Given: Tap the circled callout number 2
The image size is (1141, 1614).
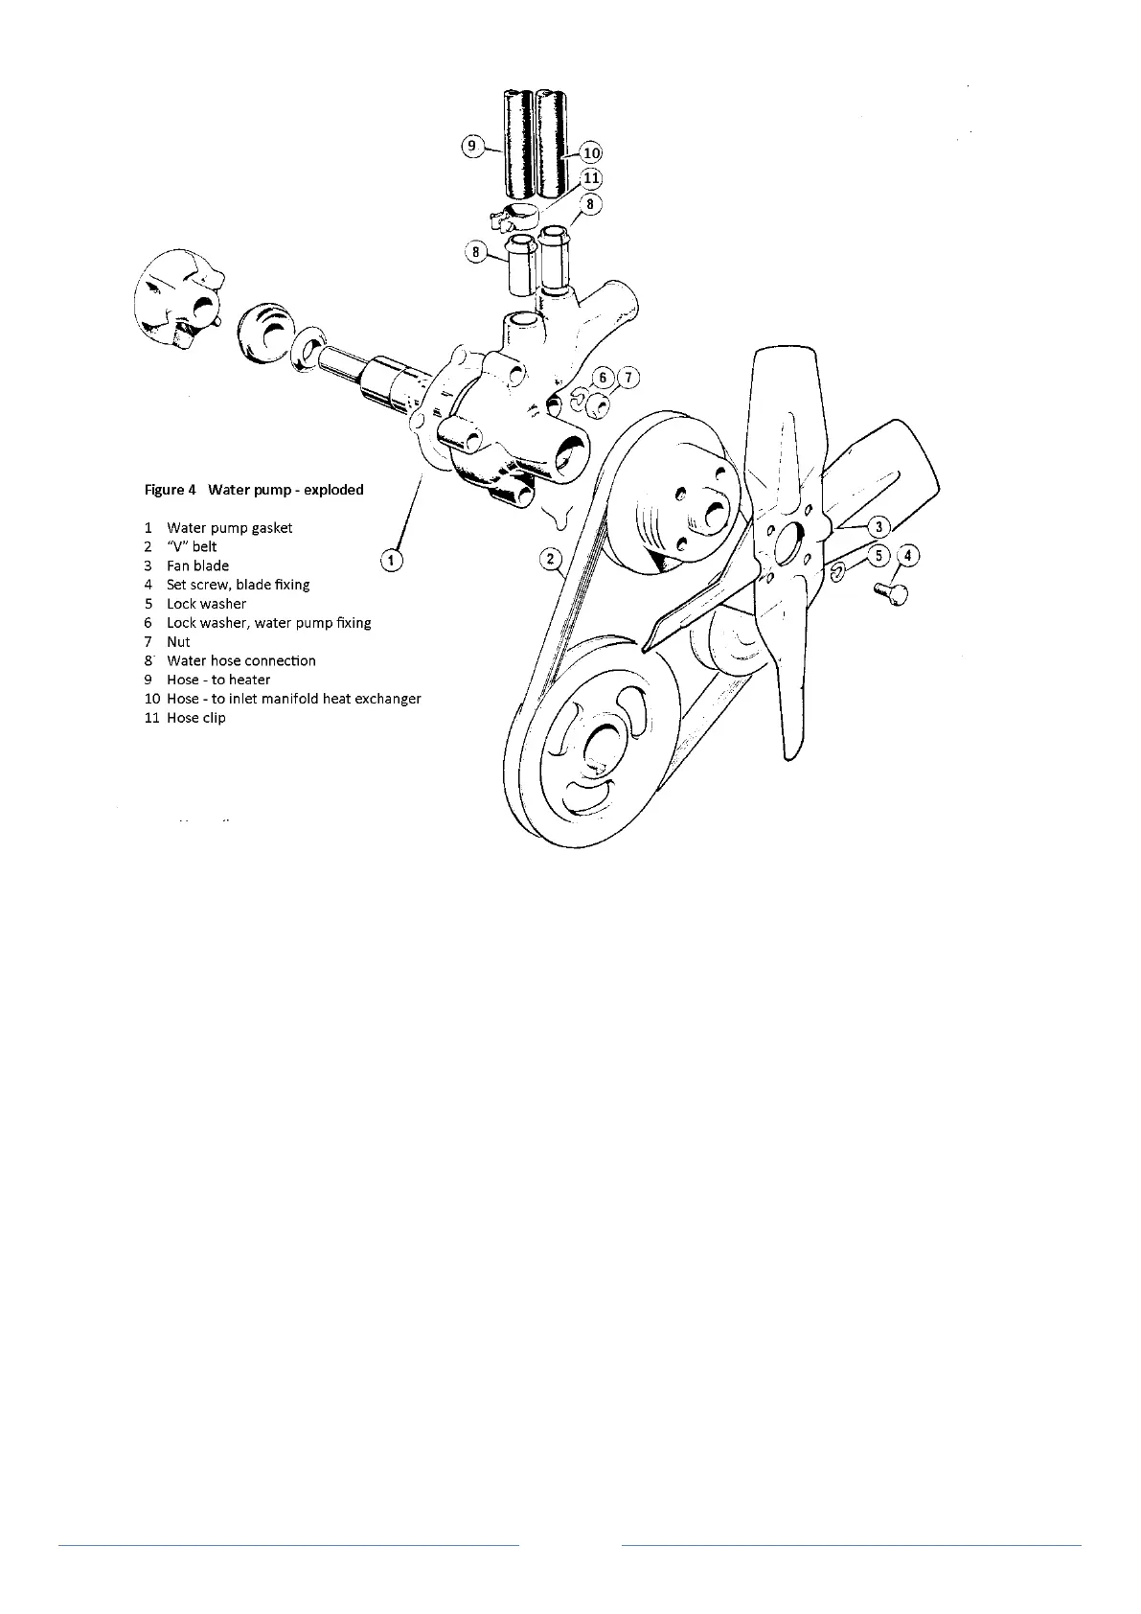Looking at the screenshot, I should coord(549,558).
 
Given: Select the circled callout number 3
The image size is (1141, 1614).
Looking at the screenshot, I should coord(879,526).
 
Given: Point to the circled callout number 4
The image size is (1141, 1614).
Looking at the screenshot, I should coord(908,555).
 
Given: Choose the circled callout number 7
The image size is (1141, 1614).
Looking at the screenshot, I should coord(628,378).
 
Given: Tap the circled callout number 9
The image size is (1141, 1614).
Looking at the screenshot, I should coord(471,146).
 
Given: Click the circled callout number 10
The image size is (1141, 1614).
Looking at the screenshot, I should coord(591,151).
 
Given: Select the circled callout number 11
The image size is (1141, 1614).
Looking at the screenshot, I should coord(591,177).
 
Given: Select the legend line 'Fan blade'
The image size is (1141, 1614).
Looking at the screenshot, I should coord(197,565).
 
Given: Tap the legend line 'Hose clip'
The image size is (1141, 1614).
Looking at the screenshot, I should coord(196,718).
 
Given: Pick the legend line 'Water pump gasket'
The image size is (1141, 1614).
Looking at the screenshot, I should coord(229,528).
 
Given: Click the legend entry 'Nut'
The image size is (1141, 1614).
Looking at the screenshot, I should coord(178,642).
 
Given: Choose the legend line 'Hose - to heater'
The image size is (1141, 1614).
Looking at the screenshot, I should coord(218,680).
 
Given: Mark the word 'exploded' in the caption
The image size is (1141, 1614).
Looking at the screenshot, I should coord(333,490).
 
